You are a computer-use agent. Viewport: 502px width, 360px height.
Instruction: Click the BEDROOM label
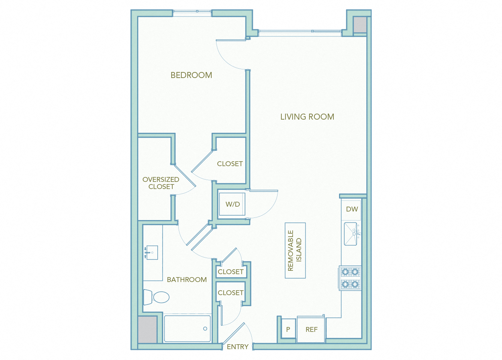coord(191,75)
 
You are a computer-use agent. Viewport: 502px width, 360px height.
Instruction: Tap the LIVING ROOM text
coord(307,117)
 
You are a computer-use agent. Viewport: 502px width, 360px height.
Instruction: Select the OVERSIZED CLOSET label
coord(161,183)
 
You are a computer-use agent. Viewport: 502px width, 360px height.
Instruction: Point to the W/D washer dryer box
coord(232,204)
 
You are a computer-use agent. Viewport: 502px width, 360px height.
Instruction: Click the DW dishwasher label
coord(352,209)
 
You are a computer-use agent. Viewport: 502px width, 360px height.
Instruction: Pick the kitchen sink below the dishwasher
coord(351,234)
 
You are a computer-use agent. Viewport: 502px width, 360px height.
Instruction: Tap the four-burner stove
coord(350,278)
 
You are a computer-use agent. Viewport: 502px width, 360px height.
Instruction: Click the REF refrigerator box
coord(311,330)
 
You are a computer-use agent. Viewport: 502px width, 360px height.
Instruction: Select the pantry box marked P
coord(288,329)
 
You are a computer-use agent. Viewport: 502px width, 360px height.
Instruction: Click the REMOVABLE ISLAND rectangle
coord(295,250)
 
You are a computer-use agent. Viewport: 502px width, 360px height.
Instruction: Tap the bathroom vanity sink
coord(152,253)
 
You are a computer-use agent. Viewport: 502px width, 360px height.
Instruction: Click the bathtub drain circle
coord(205,328)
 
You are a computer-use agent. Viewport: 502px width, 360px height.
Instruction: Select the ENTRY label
coord(238,347)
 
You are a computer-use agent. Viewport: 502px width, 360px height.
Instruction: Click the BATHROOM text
coord(187,280)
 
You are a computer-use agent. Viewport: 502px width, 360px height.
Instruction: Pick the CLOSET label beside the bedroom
coord(230,164)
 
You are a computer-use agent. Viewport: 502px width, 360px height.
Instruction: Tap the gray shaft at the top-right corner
coord(360,25)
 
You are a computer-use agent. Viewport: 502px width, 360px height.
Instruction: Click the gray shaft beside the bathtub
coord(147,329)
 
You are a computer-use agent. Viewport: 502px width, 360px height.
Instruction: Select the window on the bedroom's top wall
coord(192,13)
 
